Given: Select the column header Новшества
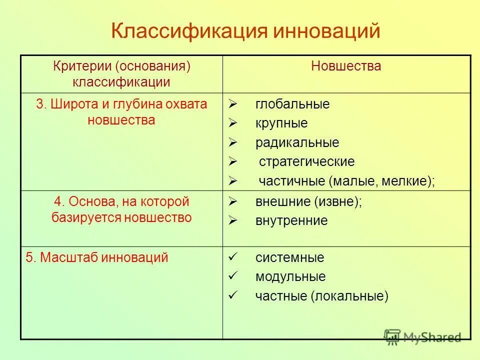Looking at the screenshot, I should [346, 66].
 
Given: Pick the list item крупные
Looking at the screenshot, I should [281, 123].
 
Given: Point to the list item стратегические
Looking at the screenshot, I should [306, 161].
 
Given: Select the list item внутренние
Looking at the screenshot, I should [291, 220].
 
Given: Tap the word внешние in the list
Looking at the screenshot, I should [283, 202].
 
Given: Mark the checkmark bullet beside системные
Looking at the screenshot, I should [232, 257].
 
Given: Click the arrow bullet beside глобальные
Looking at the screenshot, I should [232, 104].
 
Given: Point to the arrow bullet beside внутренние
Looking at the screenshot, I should [232, 220].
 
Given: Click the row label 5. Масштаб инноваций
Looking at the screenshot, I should [97, 258].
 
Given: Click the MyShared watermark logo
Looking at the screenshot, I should [422, 337].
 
